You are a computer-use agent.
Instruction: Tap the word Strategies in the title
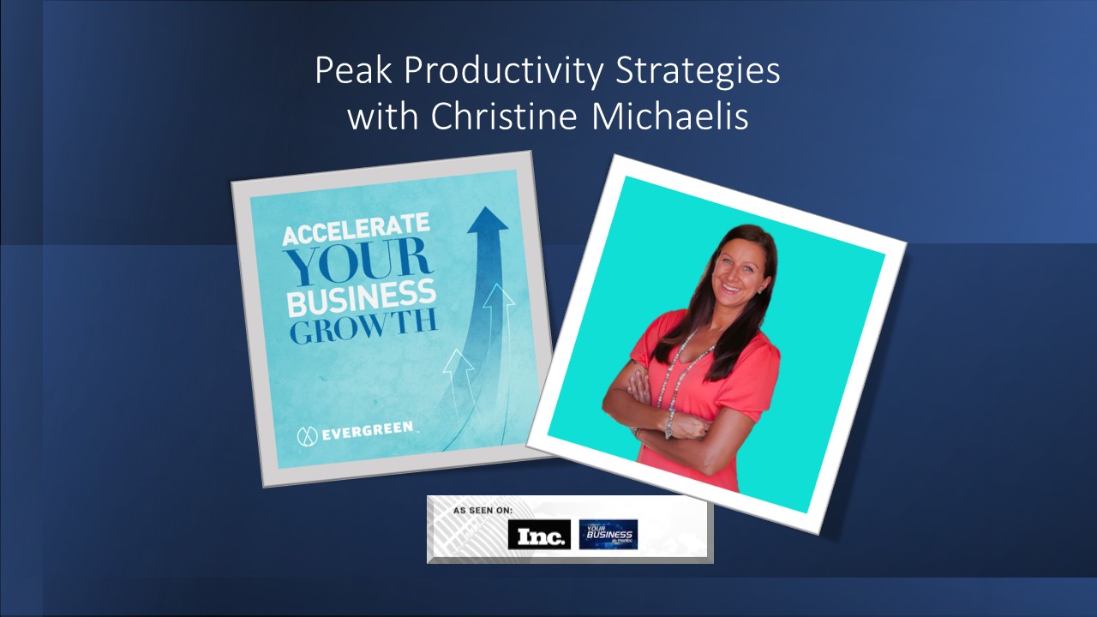point(702,73)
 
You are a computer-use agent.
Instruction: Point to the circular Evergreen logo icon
point(307,434)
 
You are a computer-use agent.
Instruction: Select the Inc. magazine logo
point(539,535)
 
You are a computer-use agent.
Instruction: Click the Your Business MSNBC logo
point(608,534)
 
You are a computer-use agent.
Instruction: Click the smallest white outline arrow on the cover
point(459,368)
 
